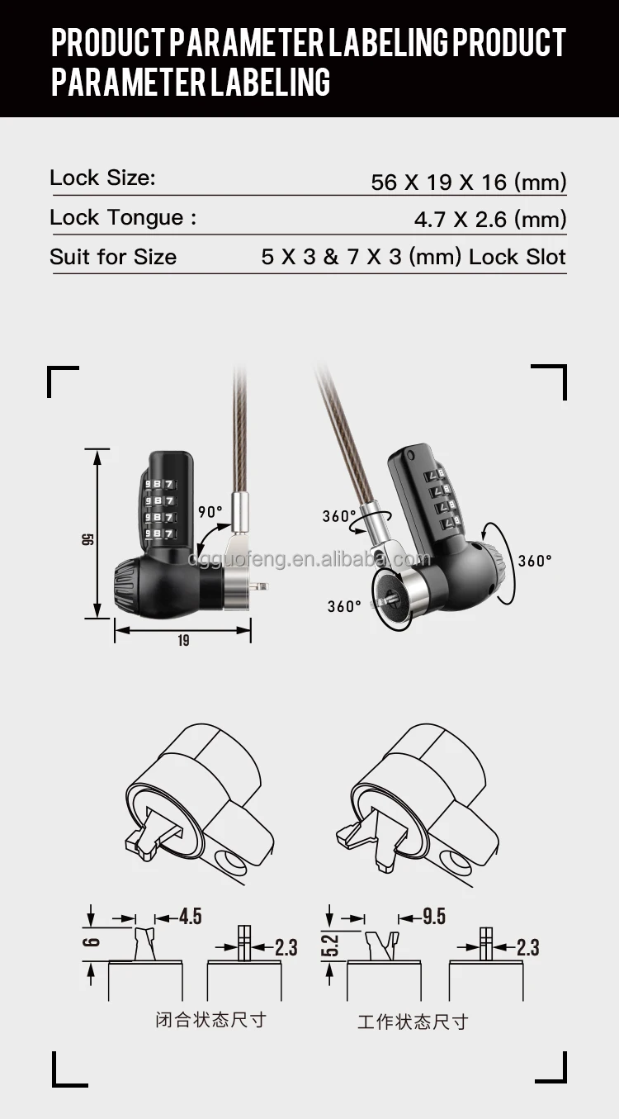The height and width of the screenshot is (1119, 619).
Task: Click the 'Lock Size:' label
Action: coord(102,178)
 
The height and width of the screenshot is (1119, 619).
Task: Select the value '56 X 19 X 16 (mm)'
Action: coord(468,182)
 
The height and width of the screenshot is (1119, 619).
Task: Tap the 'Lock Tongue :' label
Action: coord(123,217)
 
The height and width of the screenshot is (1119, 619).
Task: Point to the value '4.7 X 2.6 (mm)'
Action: coord(489,220)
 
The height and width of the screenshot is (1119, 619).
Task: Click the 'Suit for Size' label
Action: coord(113,257)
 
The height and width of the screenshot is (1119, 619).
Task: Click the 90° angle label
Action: coord(210,511)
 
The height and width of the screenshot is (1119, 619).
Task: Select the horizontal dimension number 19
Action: coord(182,640)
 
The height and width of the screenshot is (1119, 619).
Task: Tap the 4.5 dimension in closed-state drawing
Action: coord(190,916)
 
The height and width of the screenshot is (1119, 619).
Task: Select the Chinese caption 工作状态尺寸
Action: coord(412,1022)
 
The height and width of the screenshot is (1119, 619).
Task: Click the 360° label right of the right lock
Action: coord(534,561)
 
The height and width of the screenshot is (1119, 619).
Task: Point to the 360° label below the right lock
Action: coord(344,606)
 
